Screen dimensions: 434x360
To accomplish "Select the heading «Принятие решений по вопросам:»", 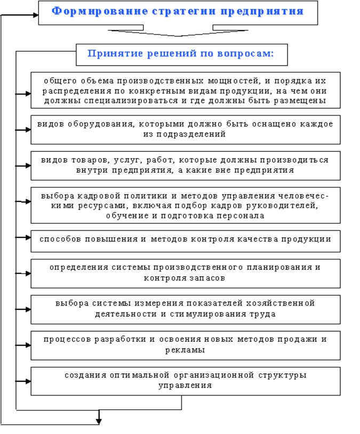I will tap(181, 54).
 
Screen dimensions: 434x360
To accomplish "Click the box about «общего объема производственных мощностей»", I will tap(185, 90).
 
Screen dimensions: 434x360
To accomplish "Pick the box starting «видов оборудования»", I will tap(185, 129).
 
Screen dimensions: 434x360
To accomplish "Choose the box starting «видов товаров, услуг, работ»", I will tap(185, 165).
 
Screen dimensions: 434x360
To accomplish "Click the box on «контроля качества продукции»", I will tap(185, 240).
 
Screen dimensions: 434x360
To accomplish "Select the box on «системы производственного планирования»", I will tap(185, 273).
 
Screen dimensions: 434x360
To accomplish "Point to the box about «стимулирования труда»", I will tap(185, 309).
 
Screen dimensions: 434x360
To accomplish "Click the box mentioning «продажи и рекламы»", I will tap(185, 345).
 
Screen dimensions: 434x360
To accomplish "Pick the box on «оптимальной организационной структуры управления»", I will tap(185, 381).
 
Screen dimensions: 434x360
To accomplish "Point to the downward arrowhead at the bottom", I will tap(99, 421).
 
